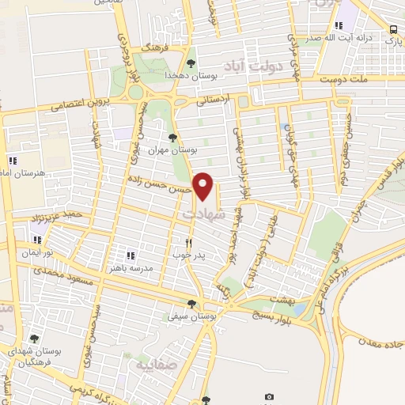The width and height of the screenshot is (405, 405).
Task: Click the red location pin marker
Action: tap(203, 186)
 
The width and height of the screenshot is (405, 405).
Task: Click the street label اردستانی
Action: tap(216, 101)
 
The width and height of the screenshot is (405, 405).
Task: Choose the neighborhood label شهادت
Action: tap(204, 214)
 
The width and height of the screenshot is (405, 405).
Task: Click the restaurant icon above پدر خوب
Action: tap(187, 243)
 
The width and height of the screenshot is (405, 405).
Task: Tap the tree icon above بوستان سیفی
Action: tap(191, 304)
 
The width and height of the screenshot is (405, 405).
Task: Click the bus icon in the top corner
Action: tap(393, 30)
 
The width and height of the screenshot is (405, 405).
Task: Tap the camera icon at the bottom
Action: tap(269, 396)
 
